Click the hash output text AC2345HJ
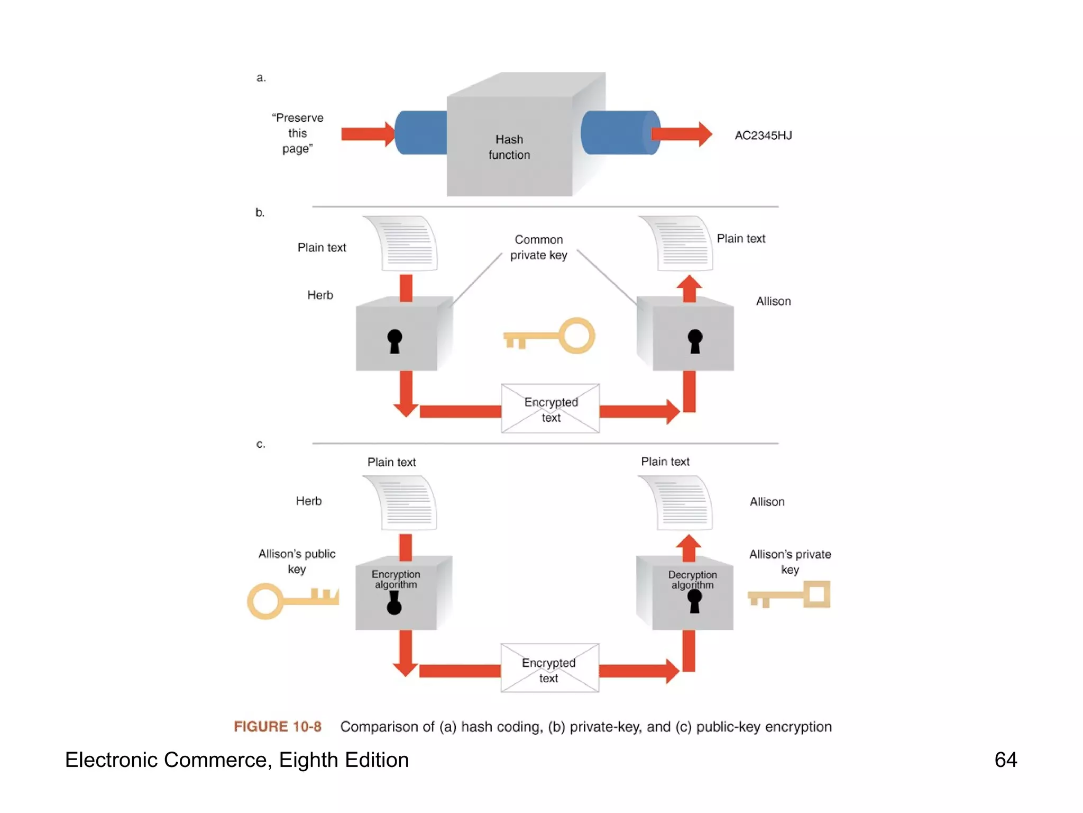pyautogui.click(x=763, y=135)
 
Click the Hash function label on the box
pyautogui.click(x=509, y=147)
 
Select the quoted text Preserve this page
pyautogui.click(x=298, y=133)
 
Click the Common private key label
pyautogui.click(x=538, y=247)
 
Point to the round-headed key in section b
pyautogui.click(x=550, y=336)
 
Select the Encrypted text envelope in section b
pyautogui.click(x=550, y=409)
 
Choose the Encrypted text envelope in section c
pyautogui.click(x=549, y=669)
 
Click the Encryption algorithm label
pyautogui.click(x=396, y=580)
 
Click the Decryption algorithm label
pyautogui.click(x=692, y=580)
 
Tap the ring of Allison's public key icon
pyautogui.click(x=265, y=601)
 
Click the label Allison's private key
pyautogui.click(x=790, y=562)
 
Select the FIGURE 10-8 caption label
pyautogui.click(x=278, y=726)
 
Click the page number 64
pyautogui.click(x=1005, y=760)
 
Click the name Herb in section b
pyautogui.click(x=320, y=295)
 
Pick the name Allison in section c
pyautogui.click(x=767, y=502)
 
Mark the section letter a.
pyautogui.click(x=261, y=78)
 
